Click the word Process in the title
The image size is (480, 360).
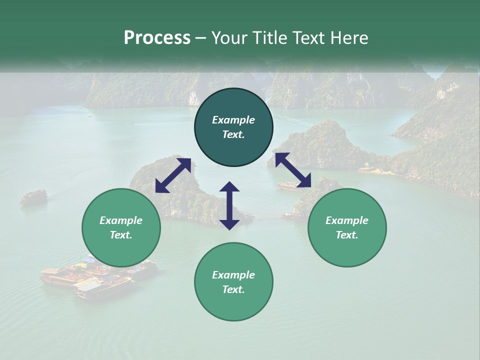(x=157, y=38)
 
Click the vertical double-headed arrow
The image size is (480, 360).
(x=229, y=205)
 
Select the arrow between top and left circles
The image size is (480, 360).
(x=173, y=175)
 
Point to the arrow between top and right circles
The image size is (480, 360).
(x=293, y=170)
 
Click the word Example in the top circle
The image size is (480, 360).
(x=233, y=120)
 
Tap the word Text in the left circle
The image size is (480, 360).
(x=120, y=235)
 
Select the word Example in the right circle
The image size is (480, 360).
(x=347, y=220)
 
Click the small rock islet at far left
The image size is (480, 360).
(x=33, y=196)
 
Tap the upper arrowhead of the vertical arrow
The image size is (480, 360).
(x=229, y=187)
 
